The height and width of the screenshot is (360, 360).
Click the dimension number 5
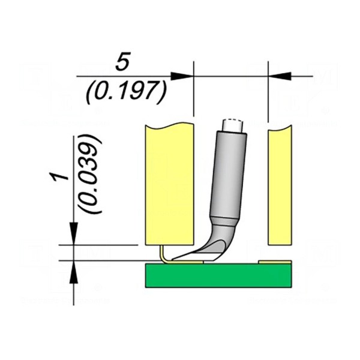coord(123,61)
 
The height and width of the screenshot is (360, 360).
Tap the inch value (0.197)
coord(125,92)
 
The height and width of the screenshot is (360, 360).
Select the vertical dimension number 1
coord(59,177)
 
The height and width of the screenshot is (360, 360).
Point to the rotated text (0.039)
coord(90,174)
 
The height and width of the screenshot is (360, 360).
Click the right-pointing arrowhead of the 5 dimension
coord(182,76)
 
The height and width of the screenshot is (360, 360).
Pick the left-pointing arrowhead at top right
coord(280,76)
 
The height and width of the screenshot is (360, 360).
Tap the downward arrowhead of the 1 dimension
coord(73,233)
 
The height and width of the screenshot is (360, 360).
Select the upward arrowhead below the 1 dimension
coord(73,272)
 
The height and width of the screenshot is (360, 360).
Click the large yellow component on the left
coord(170,184)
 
